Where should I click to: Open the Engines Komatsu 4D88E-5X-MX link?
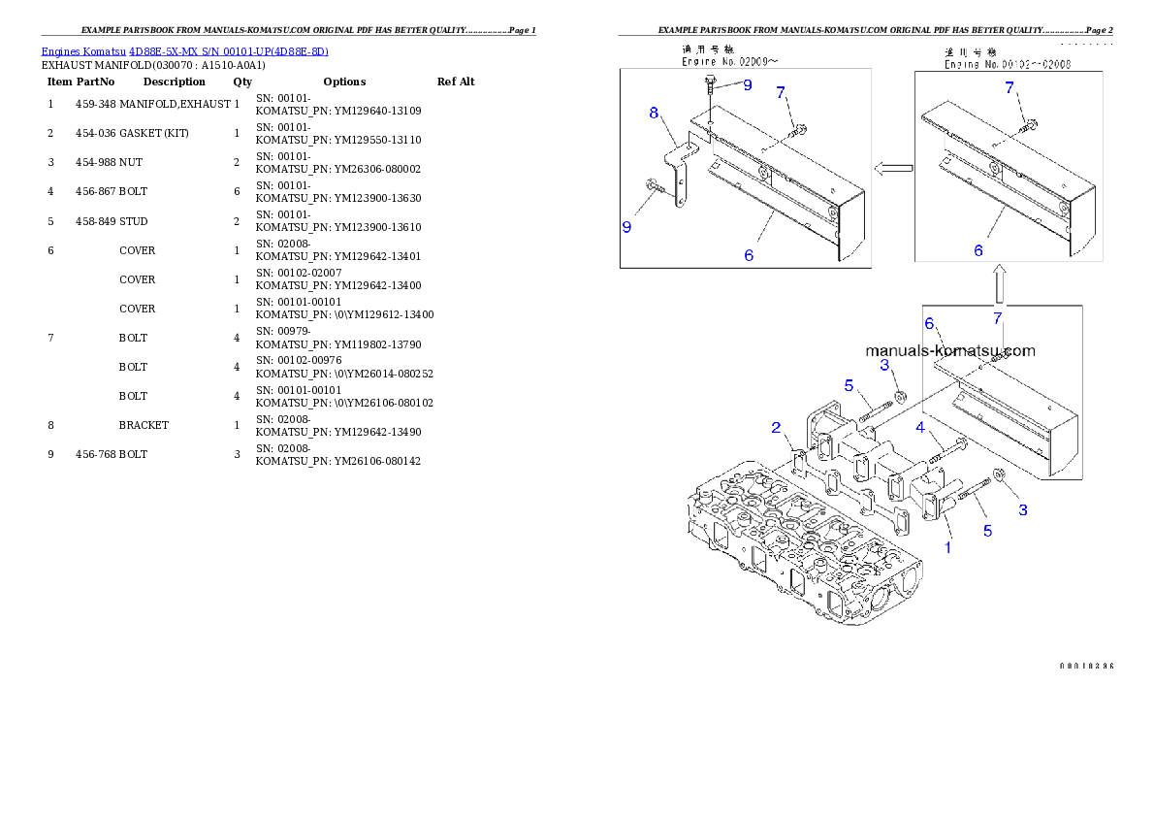(x=184, y=51)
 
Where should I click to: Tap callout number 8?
(x=655, y=114)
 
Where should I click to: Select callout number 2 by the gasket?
(x=776, y=428)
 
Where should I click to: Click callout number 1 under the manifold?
(x=948, y=547)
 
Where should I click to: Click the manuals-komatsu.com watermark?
(x=949, y=351)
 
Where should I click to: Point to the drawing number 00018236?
(x=1085, y=667)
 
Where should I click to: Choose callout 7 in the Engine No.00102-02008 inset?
(x=1010, y=88)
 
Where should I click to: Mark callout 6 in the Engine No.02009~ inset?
(x=749, y=255)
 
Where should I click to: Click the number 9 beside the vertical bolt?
(x=748, y=85)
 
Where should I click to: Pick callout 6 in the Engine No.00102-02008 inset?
(x=978, y=250)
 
